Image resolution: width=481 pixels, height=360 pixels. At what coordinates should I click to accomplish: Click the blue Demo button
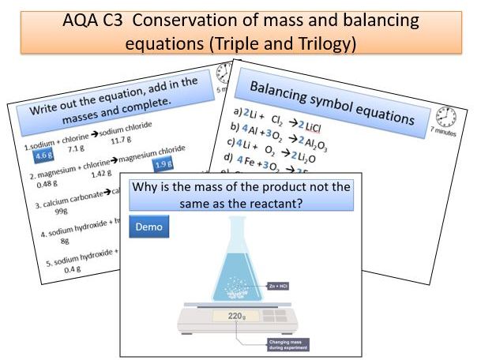point(148,227)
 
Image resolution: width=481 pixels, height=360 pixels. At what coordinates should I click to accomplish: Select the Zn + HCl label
point(280,286)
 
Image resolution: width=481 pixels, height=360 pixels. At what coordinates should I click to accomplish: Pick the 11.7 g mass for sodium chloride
point(120,140)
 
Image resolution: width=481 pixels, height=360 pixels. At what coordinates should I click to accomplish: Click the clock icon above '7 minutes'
point(446,116)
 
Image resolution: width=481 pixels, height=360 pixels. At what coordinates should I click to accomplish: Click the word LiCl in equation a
point(313,127)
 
